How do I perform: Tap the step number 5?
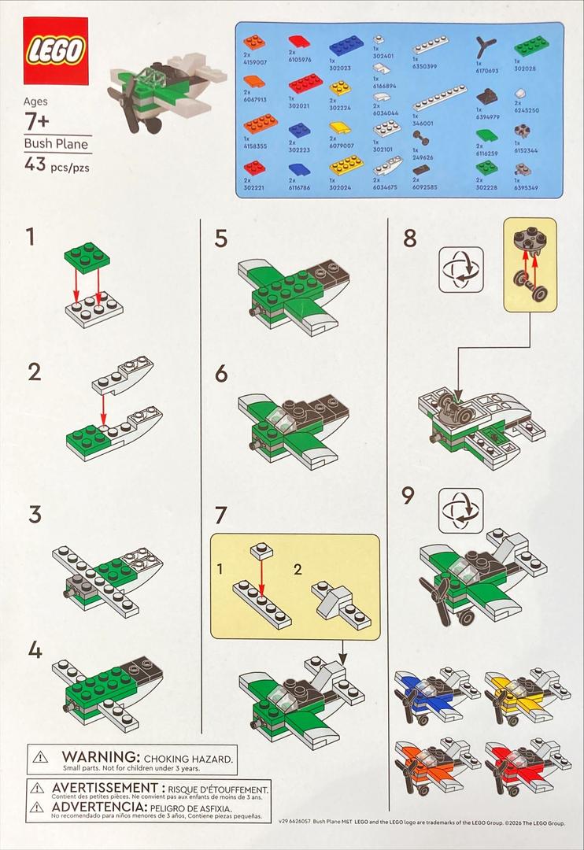[x=221, y=237]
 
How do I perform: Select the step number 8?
[x=409, y=238]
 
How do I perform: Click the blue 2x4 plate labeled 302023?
[x=346, y=45]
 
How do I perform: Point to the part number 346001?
[x=423, y=124]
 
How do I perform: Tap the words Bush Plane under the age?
[x=57, y=144]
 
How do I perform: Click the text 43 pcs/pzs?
[x=59, y=165]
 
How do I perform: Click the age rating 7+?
[x=36, y=121]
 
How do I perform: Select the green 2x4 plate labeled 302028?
[x=531, y=45]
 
